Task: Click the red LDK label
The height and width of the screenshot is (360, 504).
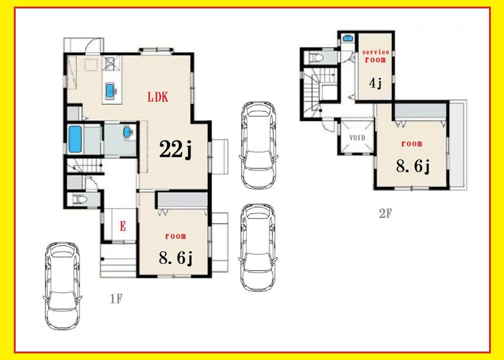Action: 157,97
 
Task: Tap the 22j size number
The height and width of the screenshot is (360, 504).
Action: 175,150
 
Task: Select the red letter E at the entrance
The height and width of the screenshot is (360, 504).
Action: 123,226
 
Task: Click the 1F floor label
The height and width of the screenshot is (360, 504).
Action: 116,299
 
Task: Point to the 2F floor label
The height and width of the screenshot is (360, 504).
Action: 386,213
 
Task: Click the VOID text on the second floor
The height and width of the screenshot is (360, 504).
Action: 357,138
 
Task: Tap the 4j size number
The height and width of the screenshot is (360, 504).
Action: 375,83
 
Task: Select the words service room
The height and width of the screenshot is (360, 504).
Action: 376,56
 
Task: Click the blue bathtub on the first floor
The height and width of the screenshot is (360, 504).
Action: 75,139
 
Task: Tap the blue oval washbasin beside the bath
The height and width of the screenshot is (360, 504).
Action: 128,132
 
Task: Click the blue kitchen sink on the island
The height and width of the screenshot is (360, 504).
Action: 110,90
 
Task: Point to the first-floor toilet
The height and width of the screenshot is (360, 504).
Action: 80,200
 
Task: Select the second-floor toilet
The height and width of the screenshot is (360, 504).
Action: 316,58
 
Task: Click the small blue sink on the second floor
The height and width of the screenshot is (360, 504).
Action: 347,38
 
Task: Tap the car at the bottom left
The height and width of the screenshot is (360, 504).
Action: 62,286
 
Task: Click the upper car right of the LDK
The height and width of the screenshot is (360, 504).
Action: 259,145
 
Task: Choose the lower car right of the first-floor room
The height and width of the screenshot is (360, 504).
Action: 258,247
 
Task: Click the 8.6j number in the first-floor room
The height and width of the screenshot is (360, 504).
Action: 176,258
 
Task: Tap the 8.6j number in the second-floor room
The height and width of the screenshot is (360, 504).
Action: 413,166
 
